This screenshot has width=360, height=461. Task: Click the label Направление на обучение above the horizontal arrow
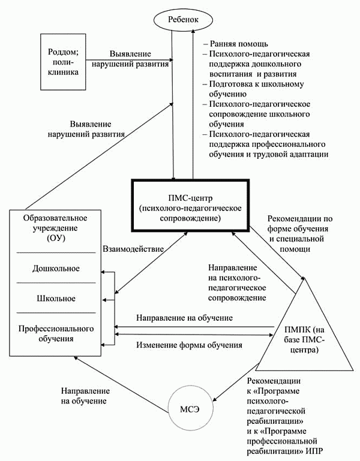pos(184,317)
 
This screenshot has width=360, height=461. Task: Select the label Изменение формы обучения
pos(189,345)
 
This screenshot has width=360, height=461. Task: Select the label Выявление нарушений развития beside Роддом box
pos(139,58)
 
